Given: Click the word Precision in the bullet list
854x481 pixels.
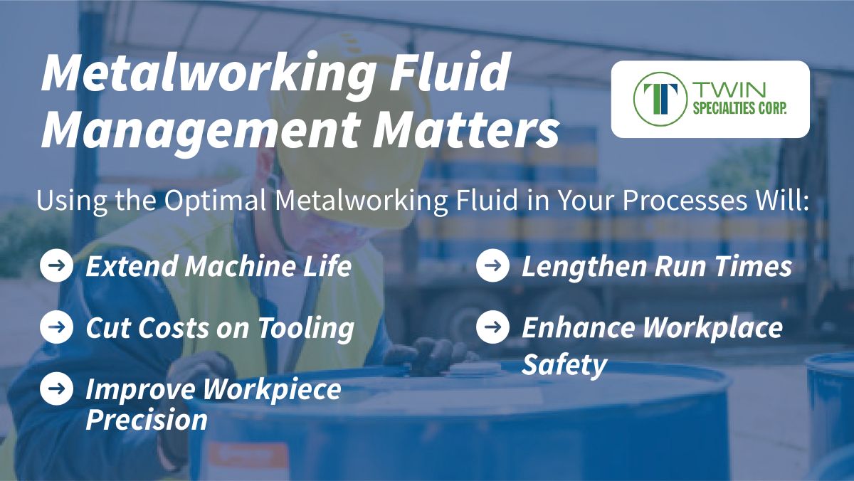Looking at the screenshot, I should (x=147, y=419).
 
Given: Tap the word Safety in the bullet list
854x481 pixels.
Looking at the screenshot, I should (x=564, y=365).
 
